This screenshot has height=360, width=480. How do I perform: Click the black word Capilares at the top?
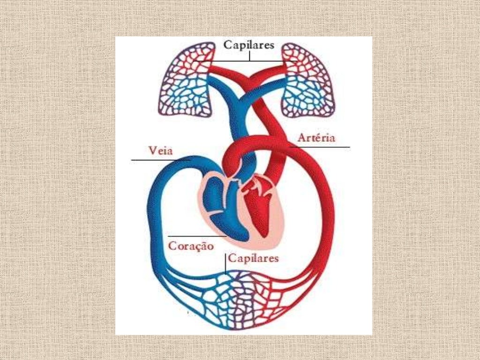[248, 45]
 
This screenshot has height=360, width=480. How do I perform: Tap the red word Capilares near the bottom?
[254, 258]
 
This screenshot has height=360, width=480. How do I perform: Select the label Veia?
[160, 150]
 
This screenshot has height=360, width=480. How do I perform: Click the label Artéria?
[316, 137]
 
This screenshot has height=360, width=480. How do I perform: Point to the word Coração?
[191, 246]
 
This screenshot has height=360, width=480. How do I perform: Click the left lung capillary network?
[186, 80]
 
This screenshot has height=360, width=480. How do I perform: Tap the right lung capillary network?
[307, 80]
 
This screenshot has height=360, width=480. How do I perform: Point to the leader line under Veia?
[161, 160]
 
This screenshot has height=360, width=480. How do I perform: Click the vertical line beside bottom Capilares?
[225, 263]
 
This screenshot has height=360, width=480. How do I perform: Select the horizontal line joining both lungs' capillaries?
[245, 61]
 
